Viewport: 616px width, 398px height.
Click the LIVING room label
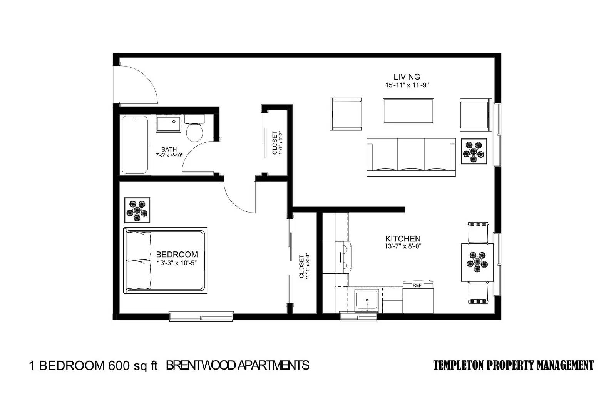coord(407,77)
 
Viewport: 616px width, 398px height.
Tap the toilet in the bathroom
coord(194,128)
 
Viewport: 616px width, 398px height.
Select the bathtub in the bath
coord(135,145)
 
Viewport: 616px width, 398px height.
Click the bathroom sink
coord(169,124)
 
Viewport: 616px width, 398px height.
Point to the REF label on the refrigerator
coord(417,286)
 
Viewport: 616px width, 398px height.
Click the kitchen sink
coord(367,300)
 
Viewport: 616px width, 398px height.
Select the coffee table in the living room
coord(408,111)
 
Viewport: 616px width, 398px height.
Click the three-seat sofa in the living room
coord(411,157)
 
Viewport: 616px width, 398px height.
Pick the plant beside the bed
coord(137,210)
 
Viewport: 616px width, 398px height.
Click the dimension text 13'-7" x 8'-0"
coord(403,246)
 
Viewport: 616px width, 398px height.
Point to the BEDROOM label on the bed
coord(177,254)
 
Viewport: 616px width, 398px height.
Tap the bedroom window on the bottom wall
coord(201,316)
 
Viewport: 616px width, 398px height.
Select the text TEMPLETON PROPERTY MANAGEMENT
coord(514,365)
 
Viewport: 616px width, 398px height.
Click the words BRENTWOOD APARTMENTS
coord(237,365)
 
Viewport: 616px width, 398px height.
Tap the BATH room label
coord(169,149)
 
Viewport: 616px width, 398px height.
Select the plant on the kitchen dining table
coord(477,262)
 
